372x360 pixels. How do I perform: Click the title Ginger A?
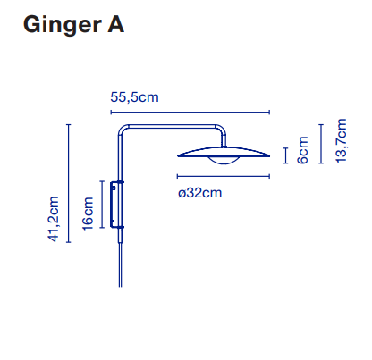(73, 25)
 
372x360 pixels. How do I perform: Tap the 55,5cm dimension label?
(134, 97)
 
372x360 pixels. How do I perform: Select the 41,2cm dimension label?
(54, 219)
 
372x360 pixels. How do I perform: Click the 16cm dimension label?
(88, 214)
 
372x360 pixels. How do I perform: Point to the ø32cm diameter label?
(200, 193)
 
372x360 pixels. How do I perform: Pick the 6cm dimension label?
(302, 150)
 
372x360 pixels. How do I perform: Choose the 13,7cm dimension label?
(342, 141)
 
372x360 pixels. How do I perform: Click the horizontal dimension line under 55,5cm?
(190, 113)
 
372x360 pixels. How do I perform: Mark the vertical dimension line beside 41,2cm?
(69, 183)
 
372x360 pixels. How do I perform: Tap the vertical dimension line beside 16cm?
(102, 205)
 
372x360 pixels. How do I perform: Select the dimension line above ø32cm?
(224, 176)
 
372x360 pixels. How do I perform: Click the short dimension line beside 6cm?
(286, 155)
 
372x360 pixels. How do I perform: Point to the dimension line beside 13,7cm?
(321, 144)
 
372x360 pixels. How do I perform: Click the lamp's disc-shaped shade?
(224, 152)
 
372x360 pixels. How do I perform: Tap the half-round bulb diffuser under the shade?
(224, 160)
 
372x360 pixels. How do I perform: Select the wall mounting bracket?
(114, 205)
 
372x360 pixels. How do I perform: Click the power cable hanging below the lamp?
(120, 265)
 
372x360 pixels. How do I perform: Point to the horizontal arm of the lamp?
(172, 127)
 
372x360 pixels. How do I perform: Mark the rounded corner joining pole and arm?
(122, 129)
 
